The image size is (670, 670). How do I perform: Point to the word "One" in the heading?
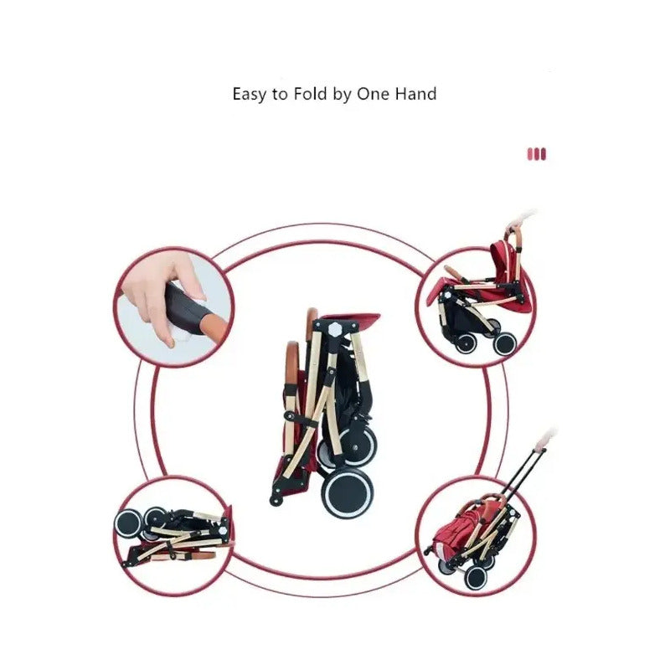point(374,94)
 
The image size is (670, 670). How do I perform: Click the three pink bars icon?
point(537,154)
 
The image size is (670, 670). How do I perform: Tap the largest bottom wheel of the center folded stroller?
point(347,495)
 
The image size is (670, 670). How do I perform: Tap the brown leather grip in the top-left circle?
point(213,324)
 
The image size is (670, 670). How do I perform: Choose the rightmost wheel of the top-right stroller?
point(505,343)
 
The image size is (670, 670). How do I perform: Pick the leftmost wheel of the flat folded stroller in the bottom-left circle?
point(128,523)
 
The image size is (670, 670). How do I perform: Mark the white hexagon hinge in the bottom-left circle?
point(223,531)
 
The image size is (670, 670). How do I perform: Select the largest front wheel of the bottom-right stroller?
point(476,577)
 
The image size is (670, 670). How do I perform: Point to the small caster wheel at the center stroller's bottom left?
point(276,500)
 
